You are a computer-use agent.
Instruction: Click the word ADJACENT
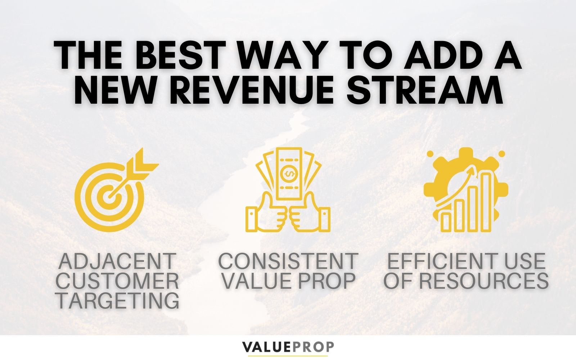click(x=117, y=261)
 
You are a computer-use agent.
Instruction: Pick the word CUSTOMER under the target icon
click(x=117, y=281)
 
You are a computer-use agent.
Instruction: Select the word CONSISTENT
click(x=288, y=261)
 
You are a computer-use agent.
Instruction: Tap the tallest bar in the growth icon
click(x=486, y=202)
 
